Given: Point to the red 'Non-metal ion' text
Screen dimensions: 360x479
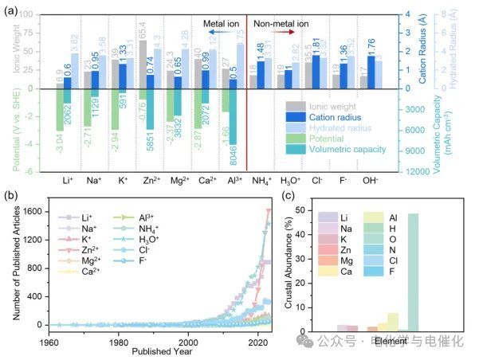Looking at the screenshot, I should click(x=281, y=25).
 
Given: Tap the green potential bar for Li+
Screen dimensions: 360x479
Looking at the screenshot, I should click(x=59, y=109).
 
